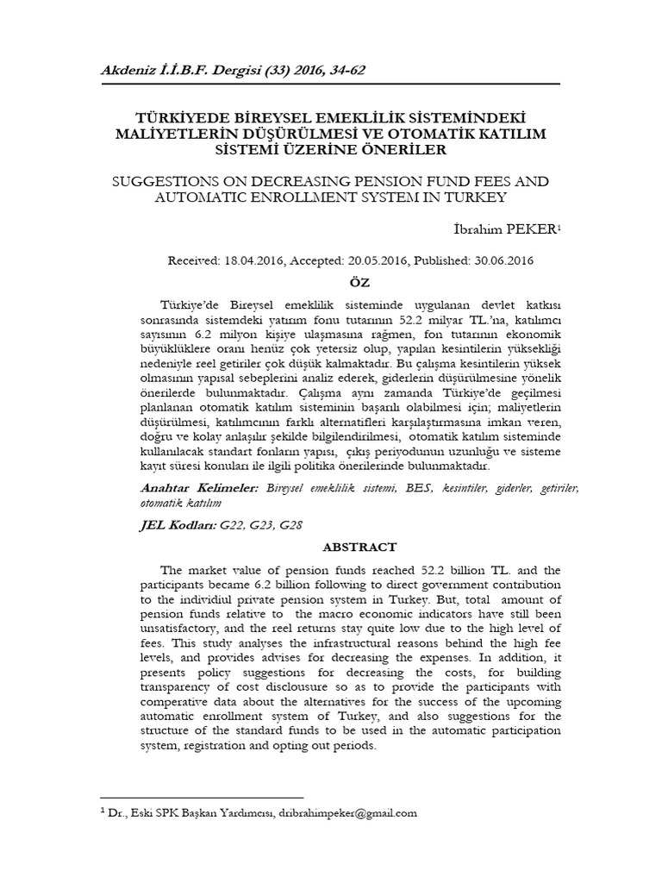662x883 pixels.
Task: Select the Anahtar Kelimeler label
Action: click(199, 488)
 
